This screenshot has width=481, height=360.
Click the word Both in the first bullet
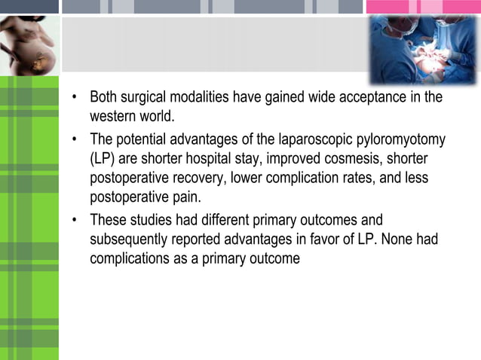click(x=103, y=97)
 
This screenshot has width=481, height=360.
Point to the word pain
click(x=185, y=198)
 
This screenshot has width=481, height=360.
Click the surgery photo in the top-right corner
click(x=423, y=50)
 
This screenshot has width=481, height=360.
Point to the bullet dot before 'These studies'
click(x=75, y=221)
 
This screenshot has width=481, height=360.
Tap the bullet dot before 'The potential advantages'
click(x=75, y=140)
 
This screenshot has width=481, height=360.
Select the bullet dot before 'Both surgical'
click(x=75, y=98)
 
